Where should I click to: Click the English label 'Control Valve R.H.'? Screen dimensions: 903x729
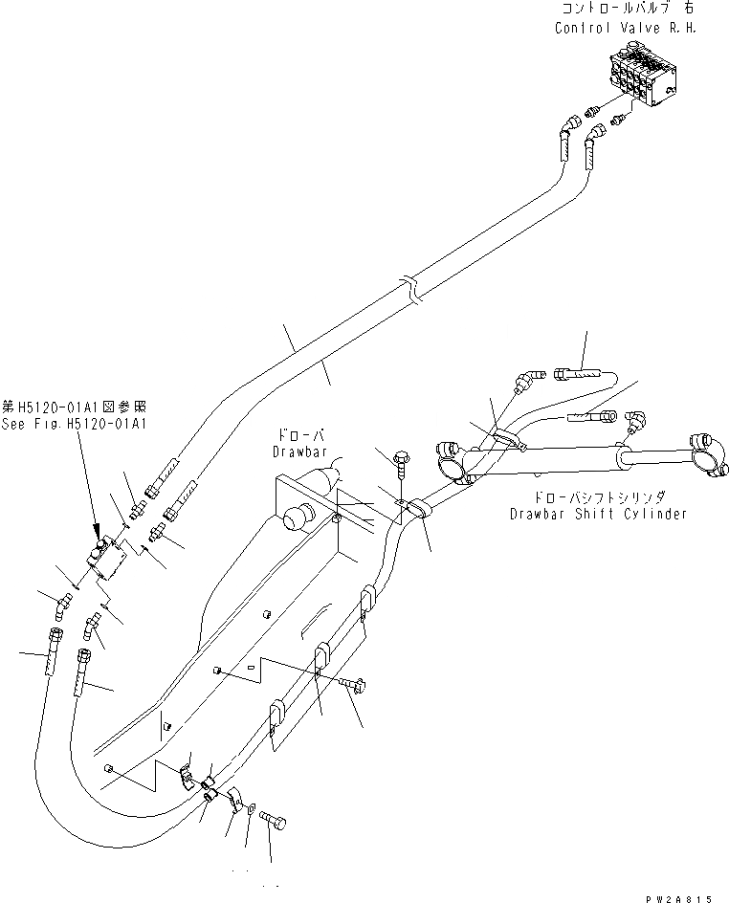point(626,28)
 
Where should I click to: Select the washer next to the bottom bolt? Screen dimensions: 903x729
point(251,810)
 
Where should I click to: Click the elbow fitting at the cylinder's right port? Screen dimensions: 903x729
point(634,422)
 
